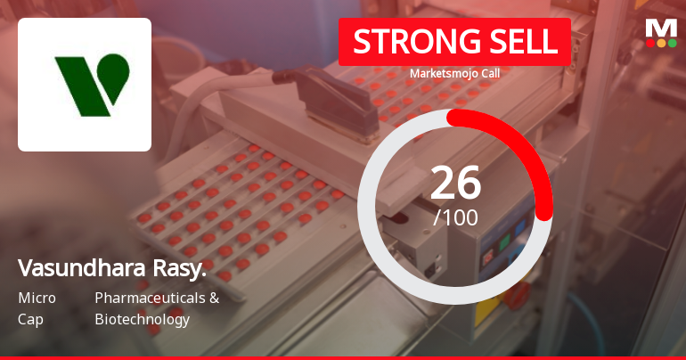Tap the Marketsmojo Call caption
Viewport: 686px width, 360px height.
pyautogui.click(x=454, y=73)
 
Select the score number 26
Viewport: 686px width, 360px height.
pyautogui.click(x=455, y=183)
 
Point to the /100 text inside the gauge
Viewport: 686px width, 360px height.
pyautogui.click(x=455, y=217)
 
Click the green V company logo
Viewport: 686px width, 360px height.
pyautogui.click(x=93, y=86)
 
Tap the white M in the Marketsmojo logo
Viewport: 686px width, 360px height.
pyautogui.click(x=661, y=29)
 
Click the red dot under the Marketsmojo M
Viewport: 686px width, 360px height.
pyautogui.click(x=650, y=44)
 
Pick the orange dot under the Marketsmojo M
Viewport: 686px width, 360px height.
pyautogui.click(x=661, y=44)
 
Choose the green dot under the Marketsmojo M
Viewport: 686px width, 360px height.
pyautogui.click(x=672, y=44)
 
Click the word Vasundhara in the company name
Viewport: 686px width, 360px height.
pyautogui.click(x=81, y=267)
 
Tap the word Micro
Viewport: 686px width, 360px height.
pyautogui.click(x=37, y=298)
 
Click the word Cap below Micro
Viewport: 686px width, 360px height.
pyautogui.click(x=30, y=320)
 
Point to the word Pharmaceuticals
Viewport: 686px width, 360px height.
pyautogui.click(x=150, y=298)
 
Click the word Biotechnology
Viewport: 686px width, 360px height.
pyautogui.click(x=143, y=320)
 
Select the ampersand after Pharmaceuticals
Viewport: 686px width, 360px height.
pyautogui.click(x=215, y=299)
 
